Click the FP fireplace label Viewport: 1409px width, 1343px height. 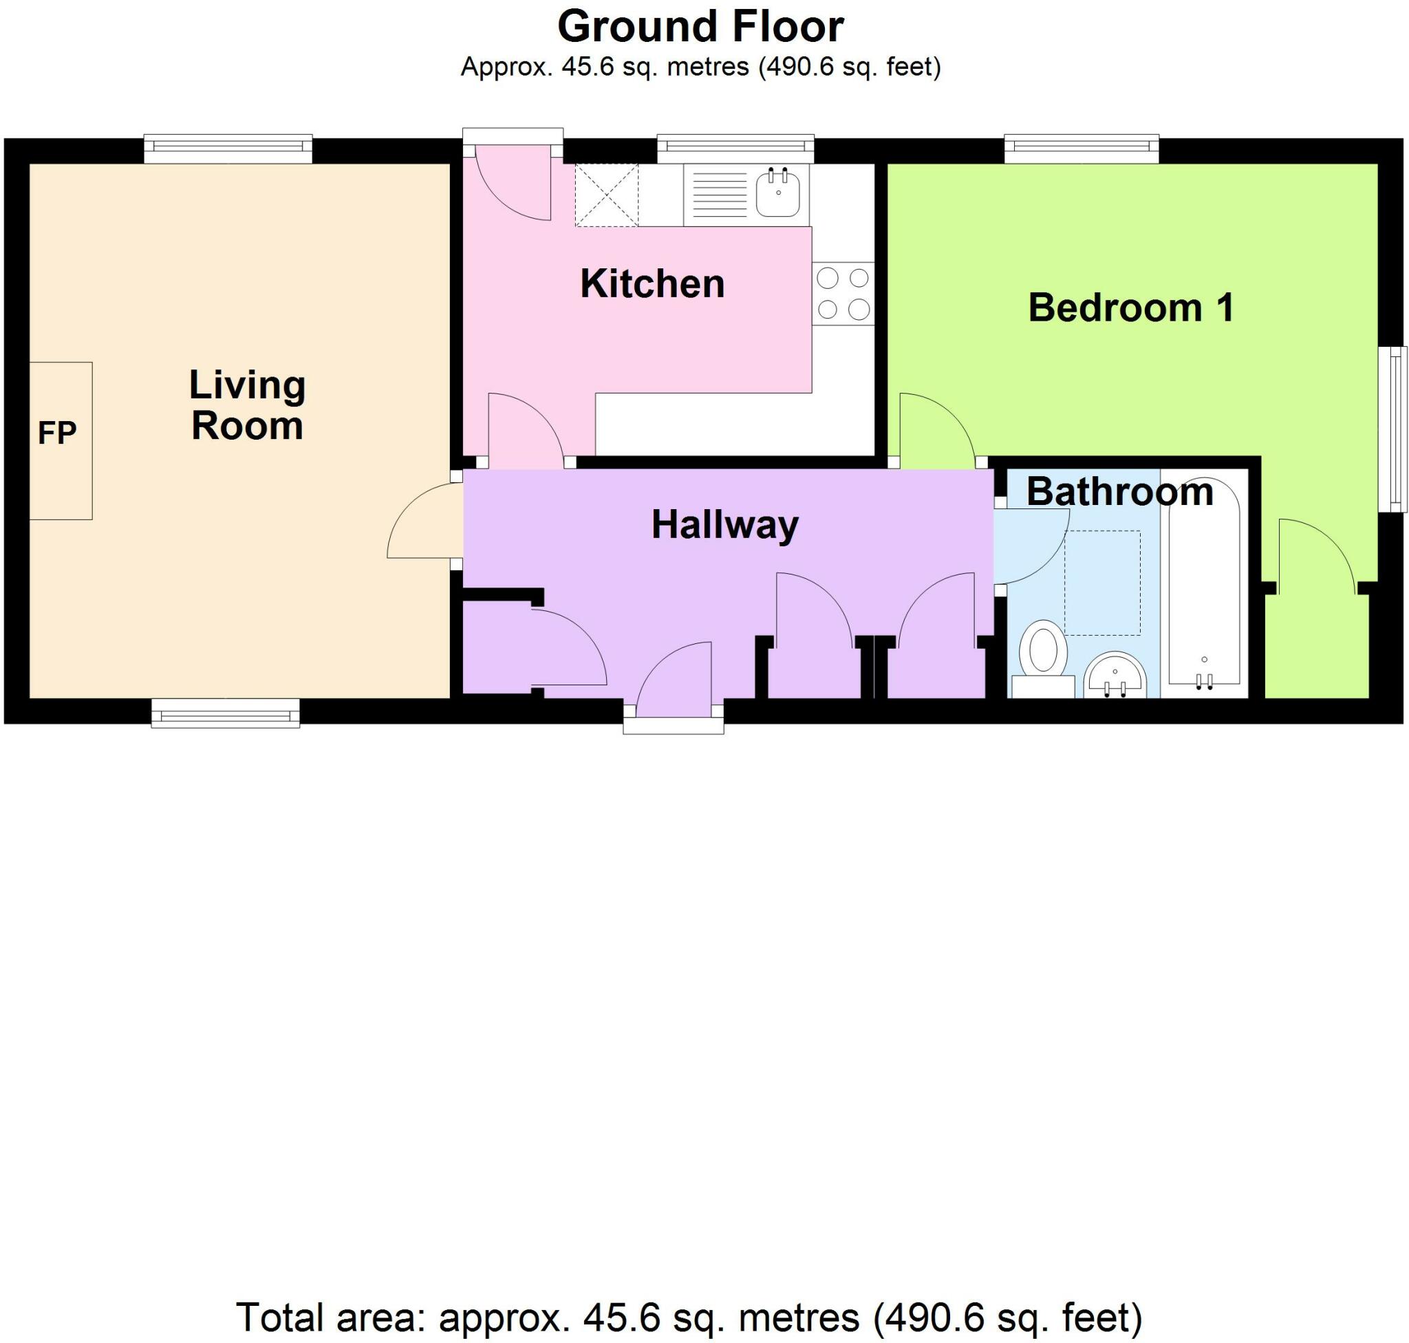[56, 433]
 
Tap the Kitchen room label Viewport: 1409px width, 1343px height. [652, 283]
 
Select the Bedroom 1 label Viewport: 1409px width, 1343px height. [1130, 307]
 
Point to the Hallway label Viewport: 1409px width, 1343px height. [724, 525]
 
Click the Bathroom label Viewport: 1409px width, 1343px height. [1120, 492]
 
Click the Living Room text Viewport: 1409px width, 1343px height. [247, 405]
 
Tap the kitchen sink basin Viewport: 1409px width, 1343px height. [778, 193]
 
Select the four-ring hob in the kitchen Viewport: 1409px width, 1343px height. [843, 293]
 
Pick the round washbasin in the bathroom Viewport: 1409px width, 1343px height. [1115, 676]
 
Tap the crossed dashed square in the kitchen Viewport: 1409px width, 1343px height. [605, 195]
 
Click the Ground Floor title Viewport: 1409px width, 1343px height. [700, 28]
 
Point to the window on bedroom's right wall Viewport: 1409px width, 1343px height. [1393, 429]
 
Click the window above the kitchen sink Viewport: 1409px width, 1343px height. [736, 148]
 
